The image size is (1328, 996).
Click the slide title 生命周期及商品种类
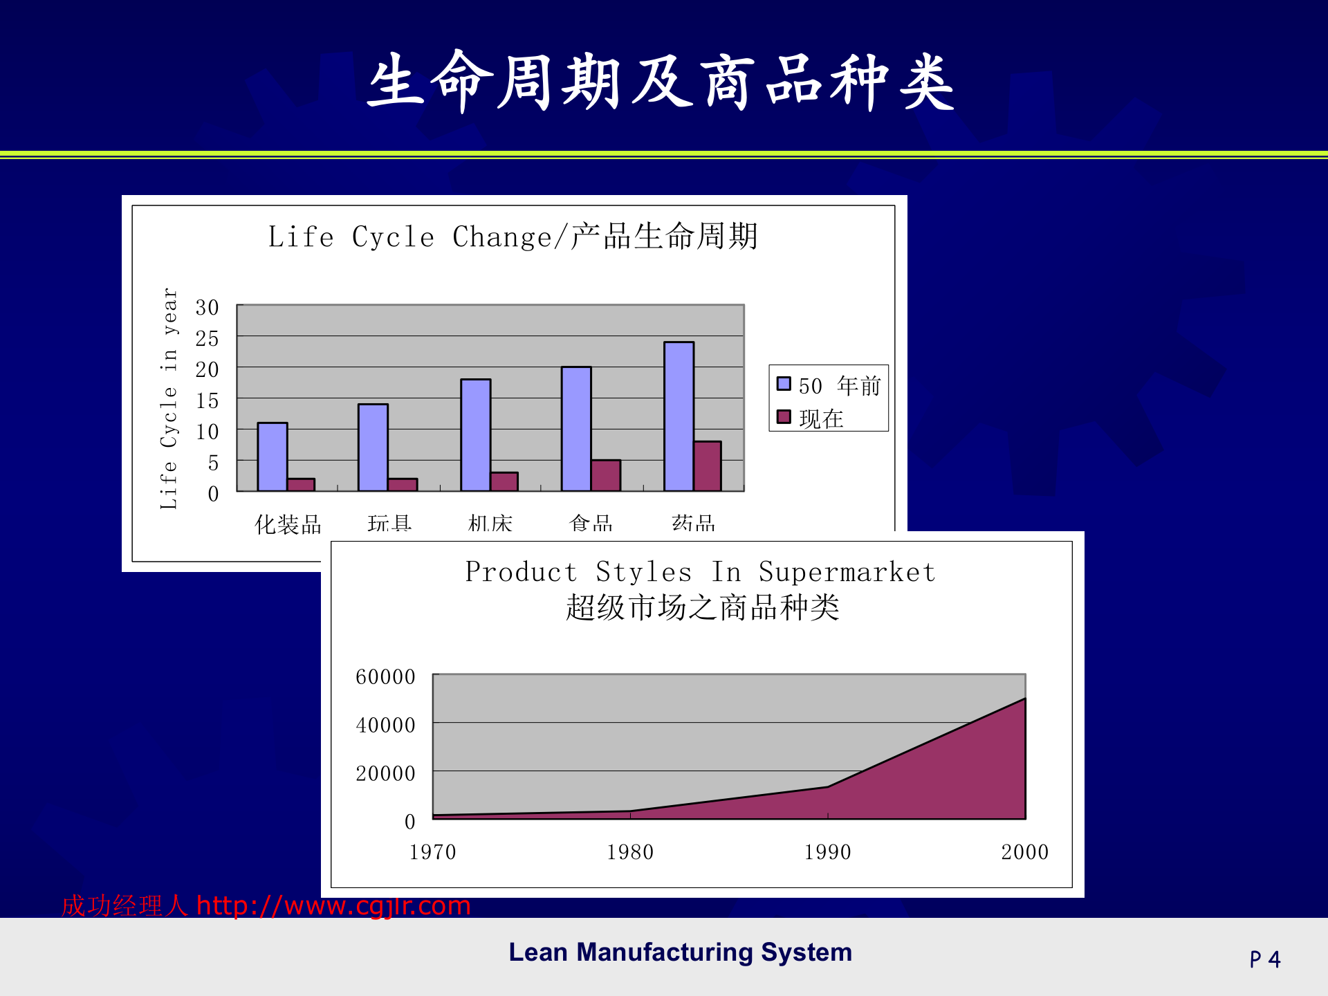661,82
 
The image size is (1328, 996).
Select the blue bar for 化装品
272,456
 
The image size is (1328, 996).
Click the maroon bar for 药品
707,466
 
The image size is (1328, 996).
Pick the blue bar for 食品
576,429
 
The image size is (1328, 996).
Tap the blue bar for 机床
475,435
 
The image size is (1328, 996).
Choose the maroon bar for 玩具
403,484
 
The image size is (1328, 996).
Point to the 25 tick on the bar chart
207,339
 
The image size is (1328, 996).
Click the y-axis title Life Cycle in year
169,398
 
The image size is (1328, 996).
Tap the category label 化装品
288,524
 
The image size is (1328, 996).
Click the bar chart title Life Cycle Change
513,237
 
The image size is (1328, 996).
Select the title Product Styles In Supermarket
700,573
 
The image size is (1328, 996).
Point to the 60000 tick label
385,676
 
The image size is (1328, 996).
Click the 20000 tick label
385,773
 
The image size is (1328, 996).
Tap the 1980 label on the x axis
630,852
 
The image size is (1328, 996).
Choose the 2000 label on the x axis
1024,852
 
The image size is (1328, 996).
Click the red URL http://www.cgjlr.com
333,905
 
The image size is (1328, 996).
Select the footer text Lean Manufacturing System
680,952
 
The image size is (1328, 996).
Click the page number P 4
1264,959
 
